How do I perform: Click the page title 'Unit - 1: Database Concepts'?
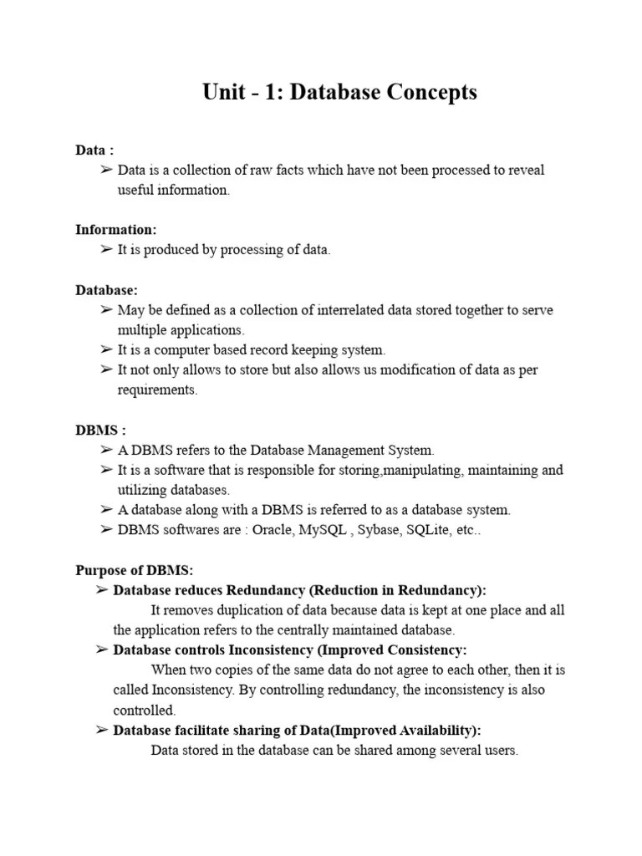coord(339,92)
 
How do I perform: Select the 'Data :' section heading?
coord(94,150)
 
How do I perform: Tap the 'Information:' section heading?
coord(116,230)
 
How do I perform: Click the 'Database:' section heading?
coord(107,290)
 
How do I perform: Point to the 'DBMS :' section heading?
coord(100,431)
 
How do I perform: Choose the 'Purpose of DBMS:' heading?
coord(135,571)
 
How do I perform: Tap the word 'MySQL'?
coord(323,530)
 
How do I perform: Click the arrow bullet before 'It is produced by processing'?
coord(105,250)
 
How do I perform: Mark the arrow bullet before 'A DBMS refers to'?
coord(105,451)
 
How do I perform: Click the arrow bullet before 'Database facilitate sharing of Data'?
coord(101,731)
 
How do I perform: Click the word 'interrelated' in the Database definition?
coord(350,310)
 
